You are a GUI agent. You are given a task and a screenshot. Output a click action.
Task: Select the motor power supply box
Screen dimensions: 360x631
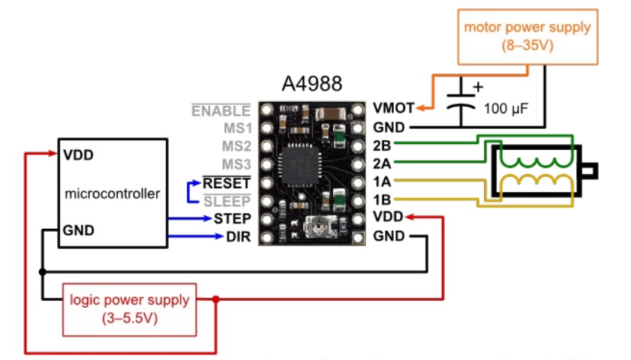click(x=527, y=35)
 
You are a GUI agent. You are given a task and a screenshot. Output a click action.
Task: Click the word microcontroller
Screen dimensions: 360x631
click(x=113, y=193)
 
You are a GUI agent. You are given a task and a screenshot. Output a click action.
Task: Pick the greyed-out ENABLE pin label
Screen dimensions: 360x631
click(x=221, y=111)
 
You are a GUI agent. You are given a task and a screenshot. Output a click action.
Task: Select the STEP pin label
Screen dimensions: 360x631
click(x=232, y=219)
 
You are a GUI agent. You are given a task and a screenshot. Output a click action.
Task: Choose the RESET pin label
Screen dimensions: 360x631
click(x=227, y=182)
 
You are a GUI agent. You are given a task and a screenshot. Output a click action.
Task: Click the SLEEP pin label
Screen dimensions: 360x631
click(x=228, y=201)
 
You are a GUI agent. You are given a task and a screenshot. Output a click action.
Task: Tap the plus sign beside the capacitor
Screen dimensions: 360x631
click(x=476, y=87)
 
